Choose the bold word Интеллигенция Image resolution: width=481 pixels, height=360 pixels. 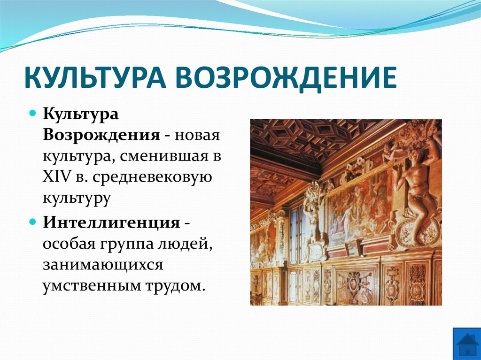tap(111, 222)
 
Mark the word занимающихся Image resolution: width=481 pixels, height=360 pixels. tap(103, 264)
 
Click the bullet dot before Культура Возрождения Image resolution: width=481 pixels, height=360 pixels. tap(32, 114)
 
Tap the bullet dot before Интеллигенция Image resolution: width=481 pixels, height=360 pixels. tap(32, 221)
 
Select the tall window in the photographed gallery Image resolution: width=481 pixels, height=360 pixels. tap(295, 230)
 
